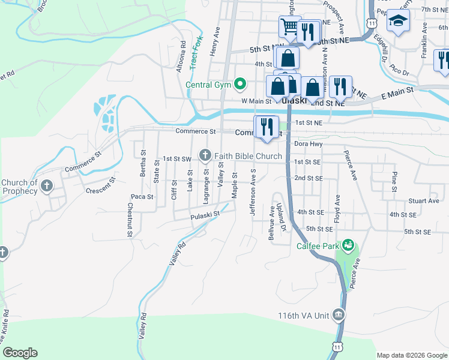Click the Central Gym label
tap(208, 85)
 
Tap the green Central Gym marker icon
tap(240, 84)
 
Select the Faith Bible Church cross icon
tap(205, 156)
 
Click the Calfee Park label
tap(318, 246)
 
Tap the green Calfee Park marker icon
tap(348, 245)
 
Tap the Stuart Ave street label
tap(424, 201)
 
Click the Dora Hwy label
tap(309, 144)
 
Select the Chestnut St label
tap(130, 220)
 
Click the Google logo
tap(20, 353)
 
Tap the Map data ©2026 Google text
tap(411, 355)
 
